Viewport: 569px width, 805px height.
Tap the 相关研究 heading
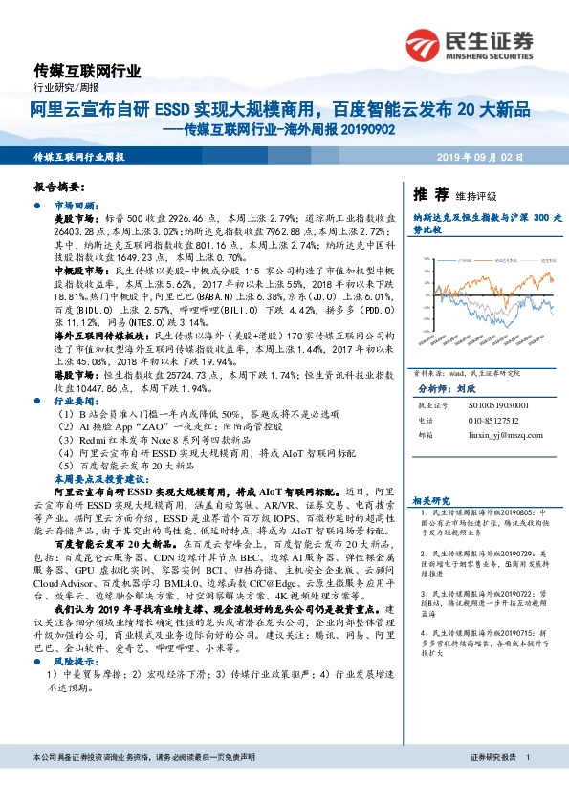431,500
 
